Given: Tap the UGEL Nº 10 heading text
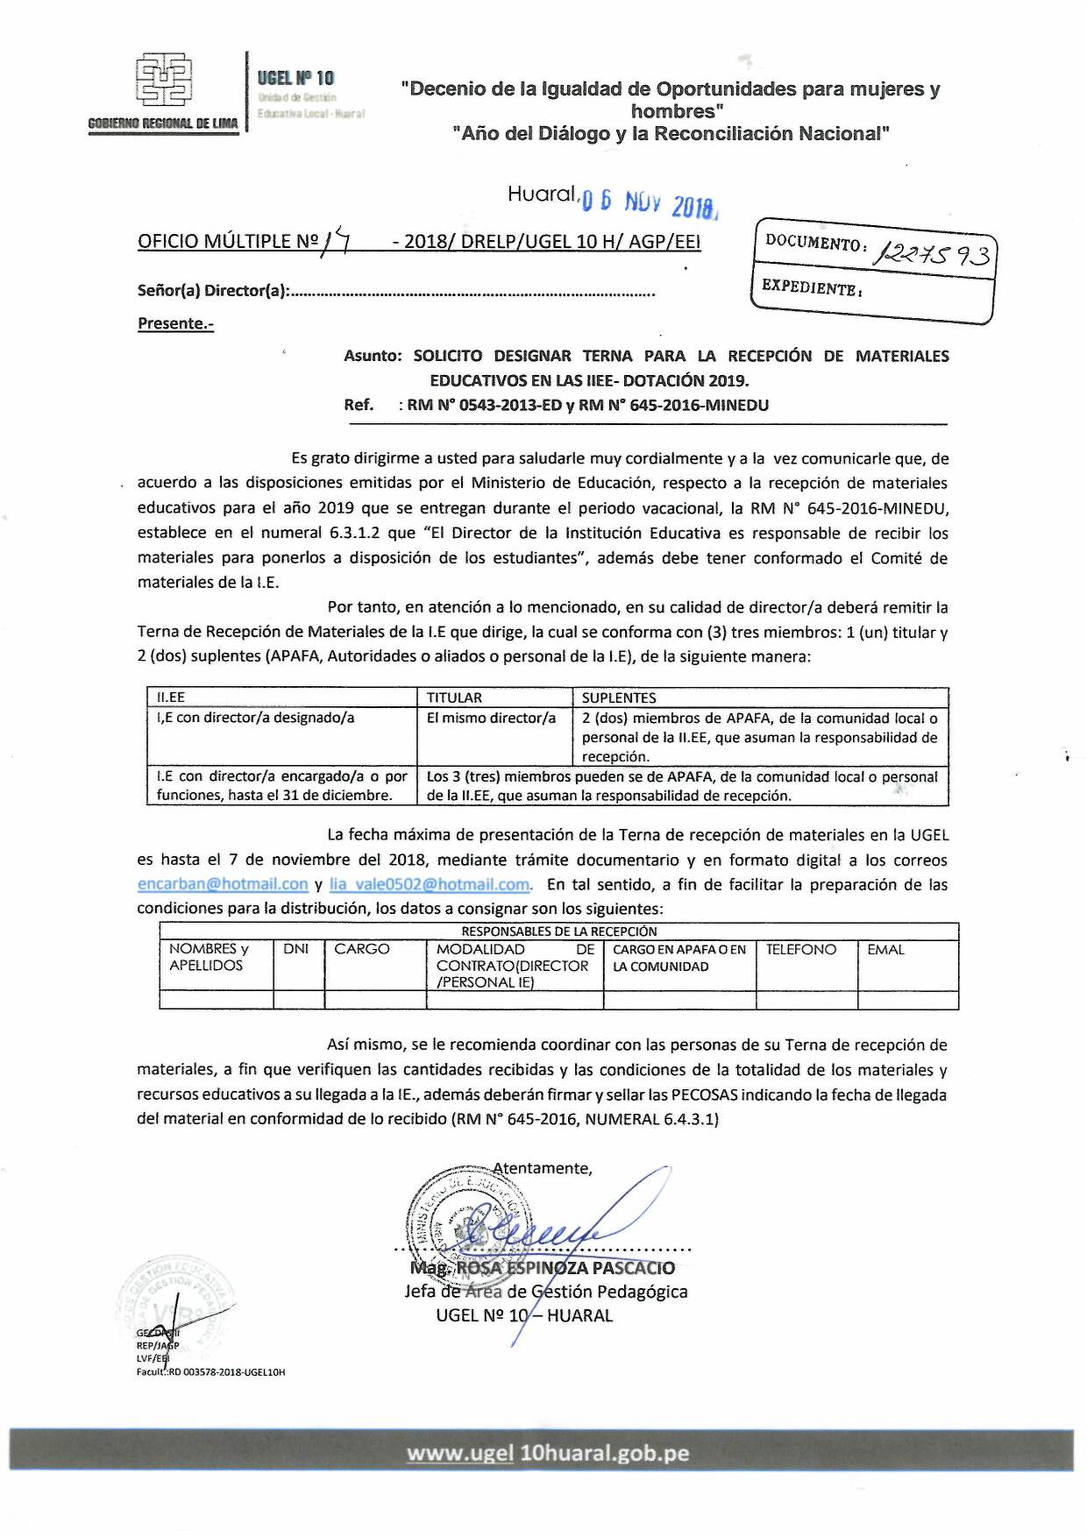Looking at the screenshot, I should point(295,78).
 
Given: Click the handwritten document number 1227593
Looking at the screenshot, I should point(934,254).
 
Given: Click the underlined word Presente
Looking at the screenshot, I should point(175,323).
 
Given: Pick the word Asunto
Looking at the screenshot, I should point(372,356).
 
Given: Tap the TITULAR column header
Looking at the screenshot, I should point(454,698).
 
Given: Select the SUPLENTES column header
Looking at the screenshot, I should point(619,698).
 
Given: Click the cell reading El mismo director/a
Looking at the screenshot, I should point(491,718).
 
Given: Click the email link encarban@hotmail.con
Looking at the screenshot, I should point(223,884).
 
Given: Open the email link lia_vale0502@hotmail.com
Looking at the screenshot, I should point(430,884).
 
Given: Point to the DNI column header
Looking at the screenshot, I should point(296,949).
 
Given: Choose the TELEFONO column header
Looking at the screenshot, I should point(801,949).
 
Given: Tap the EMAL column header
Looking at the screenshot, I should point(885,949).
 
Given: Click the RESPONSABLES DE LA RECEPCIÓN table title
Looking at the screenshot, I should point(558,931).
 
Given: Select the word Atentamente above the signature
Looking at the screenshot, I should point(543,1168).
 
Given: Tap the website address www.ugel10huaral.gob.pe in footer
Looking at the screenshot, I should point(548,1453).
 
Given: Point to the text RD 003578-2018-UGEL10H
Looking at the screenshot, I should point(227,1372).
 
